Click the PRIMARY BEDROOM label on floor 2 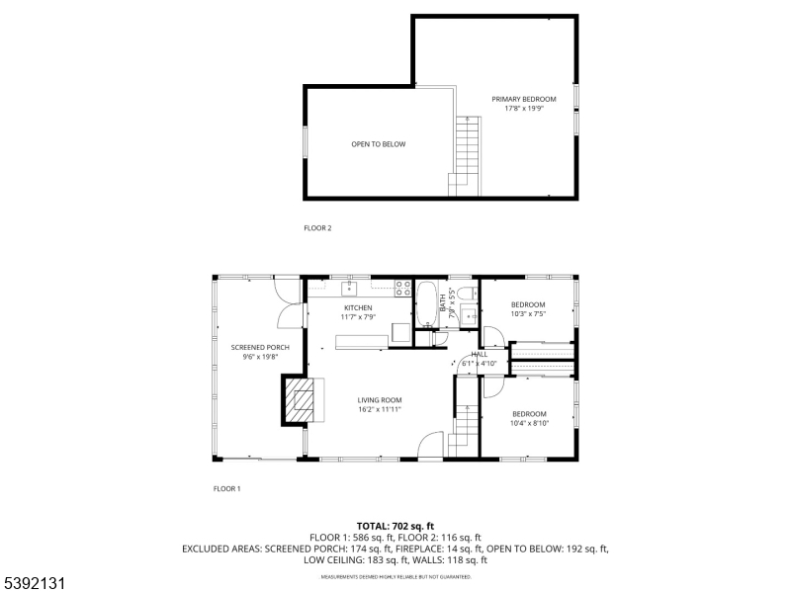(x=524, y=99)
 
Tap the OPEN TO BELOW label (x=379, y=144)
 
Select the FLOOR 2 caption (x=317, y=228)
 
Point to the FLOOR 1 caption (x=227, y=488)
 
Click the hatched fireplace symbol (x=302, y=399)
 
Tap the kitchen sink (x=349, y=289)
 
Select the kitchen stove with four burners (x=403, y=289)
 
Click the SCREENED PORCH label (x=260, y=348)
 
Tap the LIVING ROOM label (x=380, y=399)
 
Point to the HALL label (x=480, y=354)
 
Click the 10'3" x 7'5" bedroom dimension (x=528, y=313)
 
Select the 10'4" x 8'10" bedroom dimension (x=529, y=422)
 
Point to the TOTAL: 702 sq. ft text (x=395, y=526)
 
